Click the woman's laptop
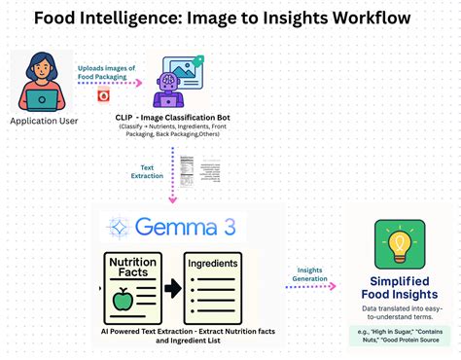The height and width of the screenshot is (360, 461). pos(43,98)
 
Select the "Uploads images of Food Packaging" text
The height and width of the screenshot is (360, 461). pos(106,74)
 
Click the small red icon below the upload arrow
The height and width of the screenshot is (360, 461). pos(103,96)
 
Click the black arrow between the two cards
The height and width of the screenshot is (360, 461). pos(171,289)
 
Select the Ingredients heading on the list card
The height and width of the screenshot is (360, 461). pos(213,263)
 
